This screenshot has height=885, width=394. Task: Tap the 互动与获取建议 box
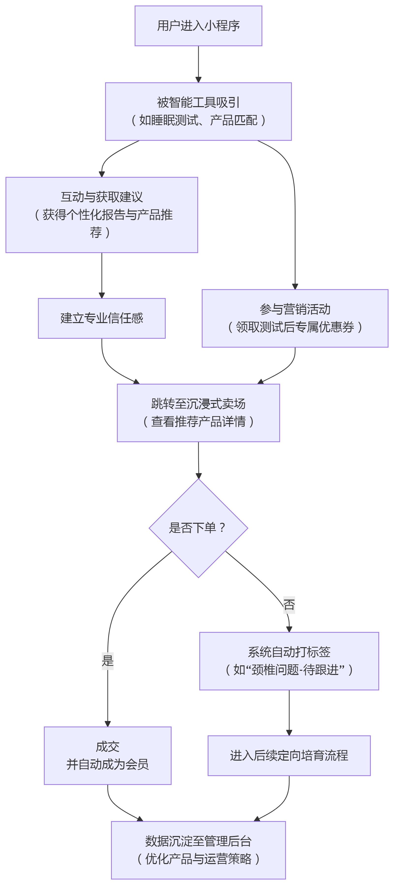[102, 215]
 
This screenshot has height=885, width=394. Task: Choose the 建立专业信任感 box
[102, 318]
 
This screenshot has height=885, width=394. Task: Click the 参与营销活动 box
[295, 318]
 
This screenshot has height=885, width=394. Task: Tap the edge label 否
[289, 605]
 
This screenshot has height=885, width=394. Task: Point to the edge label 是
[107, 661]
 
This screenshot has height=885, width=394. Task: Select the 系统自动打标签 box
[289, 661]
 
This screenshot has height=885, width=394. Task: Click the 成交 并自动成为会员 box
[107, 755]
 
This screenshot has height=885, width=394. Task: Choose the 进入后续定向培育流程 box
[289, 755]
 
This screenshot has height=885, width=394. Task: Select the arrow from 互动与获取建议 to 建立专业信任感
[102, 275]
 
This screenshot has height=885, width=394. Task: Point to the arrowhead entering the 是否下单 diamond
[198, 476]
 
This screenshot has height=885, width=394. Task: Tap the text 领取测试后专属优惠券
[295, 327]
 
